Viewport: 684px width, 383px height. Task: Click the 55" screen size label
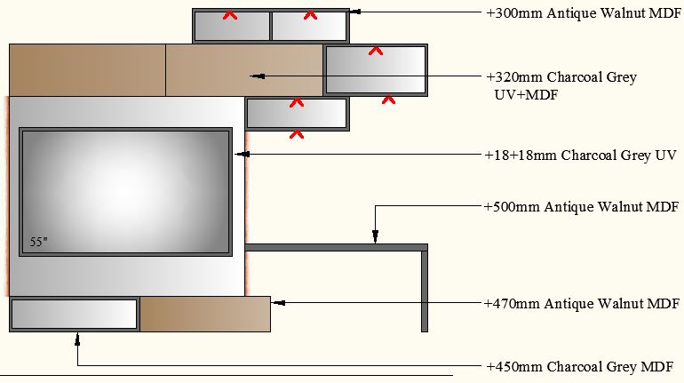coord(37,242)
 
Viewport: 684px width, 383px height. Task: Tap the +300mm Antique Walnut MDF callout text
coord(582,13)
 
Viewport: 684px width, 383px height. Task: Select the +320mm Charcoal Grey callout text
coord(561,77)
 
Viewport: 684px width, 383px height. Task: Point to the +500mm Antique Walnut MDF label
coord(582,207)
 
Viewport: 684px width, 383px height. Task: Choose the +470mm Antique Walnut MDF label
coord(582,304)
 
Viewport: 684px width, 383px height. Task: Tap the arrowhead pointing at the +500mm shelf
coord(375,237)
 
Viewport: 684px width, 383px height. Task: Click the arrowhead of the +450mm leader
coord(78,337)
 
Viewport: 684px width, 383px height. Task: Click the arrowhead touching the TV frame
coord(239,155)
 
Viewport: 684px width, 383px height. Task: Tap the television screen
coord(126,191)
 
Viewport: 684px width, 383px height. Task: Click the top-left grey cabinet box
coord(231,27)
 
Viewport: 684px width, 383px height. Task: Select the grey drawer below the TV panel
coord(75,315)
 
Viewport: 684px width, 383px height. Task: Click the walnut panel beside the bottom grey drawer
coord(204,315)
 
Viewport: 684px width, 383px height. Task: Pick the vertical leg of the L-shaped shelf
coord(425,291)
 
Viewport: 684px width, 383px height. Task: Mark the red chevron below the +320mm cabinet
coord(388,100)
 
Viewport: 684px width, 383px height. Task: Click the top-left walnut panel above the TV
coord(87,69)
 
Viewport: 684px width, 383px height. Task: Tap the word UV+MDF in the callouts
coord(526,94)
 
